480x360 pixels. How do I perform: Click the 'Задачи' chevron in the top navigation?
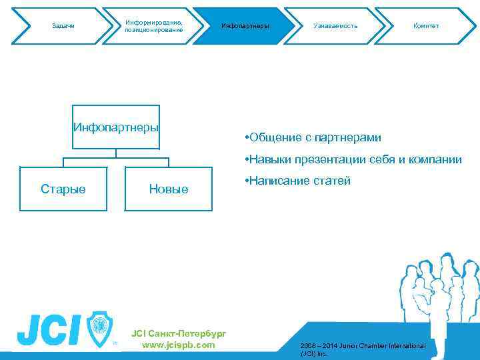[x=63, y=26]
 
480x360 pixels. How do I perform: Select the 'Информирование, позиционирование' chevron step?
[x=153, y=26]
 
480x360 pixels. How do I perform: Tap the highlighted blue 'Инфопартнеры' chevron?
[x=245, y=26]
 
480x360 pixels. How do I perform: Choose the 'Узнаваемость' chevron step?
[x=335, y=26]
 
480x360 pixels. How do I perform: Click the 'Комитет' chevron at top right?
[x=425, y=26]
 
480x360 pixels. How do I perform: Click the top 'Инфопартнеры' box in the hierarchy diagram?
[x=116, y=127]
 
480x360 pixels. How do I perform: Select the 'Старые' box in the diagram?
[x=63, y=189]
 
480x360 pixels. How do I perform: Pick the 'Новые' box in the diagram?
[x=169, y=189]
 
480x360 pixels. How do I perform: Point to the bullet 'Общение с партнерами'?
[x=313, y=137]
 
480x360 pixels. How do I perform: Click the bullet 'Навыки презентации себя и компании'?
[x=353, y=159]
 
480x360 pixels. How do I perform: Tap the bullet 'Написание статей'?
[x=298, y=181]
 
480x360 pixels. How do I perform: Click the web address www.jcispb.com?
[x=179, y=345]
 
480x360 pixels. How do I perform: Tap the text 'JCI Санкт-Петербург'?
[x=179, y=333]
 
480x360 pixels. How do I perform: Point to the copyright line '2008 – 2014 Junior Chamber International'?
[x=363, y=345]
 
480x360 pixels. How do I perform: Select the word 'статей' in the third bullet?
[x=331, y=181]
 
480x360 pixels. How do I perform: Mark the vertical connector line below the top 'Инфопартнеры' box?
[x=116, y=153]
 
